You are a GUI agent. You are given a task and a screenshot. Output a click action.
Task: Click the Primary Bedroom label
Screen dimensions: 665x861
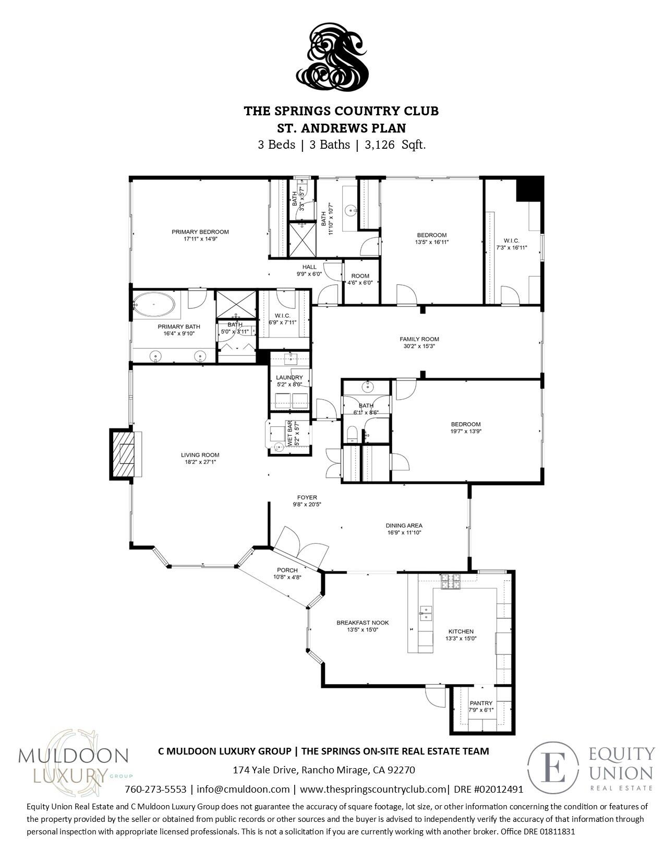coord(200,232)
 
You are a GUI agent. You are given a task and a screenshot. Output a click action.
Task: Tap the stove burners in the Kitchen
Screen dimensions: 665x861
coord(452,581)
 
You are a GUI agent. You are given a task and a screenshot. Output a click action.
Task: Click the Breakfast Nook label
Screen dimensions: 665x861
coord(362,623)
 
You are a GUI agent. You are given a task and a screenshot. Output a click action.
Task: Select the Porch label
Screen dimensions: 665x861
coord(287,570)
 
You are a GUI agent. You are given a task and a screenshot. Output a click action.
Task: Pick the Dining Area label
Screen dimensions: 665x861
coord(404,525)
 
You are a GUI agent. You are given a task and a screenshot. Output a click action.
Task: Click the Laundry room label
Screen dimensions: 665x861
coord(289,377)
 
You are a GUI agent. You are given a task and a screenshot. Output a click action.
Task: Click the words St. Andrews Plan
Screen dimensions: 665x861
coord(342,128)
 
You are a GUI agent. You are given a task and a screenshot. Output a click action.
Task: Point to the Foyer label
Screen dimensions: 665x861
coord(307,497)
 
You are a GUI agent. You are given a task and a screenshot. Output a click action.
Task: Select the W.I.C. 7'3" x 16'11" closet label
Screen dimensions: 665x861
coord(512,244)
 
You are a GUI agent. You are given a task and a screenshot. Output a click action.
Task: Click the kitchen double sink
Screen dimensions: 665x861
coord(426,613)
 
